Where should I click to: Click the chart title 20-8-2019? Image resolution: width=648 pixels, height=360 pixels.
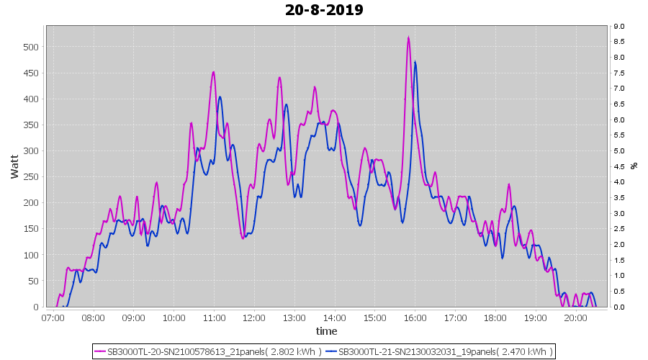click(324, 10)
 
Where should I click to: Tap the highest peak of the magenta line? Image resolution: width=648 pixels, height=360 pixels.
click(408, 38)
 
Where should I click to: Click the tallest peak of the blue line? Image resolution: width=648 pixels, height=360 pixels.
click(415, 63)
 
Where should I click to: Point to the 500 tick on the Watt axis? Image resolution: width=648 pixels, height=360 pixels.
click(32, 47)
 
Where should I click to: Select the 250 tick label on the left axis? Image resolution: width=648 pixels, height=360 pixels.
click(32, 177)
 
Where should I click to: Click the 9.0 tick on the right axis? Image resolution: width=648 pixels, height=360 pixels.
click(618, 27)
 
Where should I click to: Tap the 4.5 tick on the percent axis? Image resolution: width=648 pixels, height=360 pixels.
click(618, 166)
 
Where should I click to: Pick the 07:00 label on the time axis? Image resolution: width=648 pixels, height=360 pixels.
click(53, 318)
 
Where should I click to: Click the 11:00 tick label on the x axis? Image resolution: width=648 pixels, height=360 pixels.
click(214, 318)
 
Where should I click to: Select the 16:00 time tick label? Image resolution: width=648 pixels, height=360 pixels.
click(415, 318)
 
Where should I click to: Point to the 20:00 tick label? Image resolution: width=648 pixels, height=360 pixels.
click(576, 318)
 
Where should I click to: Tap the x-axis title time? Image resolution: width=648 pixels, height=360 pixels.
click(326, 331)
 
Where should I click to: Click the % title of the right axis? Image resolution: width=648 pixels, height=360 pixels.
click(634, 166)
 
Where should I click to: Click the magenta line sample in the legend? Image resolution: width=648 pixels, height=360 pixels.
click(100, 351)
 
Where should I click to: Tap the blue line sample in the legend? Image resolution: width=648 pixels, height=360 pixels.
click(331, 351)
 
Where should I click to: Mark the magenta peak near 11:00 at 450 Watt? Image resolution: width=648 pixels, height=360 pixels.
click(214, 72)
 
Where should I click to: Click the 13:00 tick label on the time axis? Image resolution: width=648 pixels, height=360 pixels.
click(294, 318)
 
